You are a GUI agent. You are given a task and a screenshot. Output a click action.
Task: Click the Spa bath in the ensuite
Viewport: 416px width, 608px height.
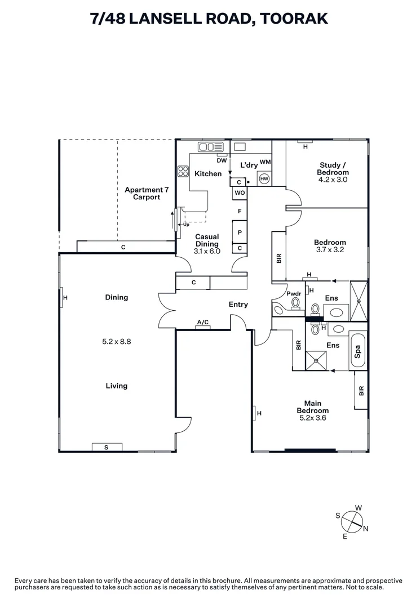(358, 351)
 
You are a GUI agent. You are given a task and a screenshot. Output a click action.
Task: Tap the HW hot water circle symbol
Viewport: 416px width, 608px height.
(264, 179)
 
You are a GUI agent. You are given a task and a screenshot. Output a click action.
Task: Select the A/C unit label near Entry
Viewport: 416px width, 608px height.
(203, 323)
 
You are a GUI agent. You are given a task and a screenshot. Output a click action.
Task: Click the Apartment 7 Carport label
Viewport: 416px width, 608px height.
(143, 194)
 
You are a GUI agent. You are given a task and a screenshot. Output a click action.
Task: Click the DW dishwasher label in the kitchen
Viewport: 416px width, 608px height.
(222, 160)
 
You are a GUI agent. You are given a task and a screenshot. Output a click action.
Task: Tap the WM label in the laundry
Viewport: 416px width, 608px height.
(265, 162)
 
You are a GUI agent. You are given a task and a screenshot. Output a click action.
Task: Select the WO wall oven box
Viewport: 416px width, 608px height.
(240, 193)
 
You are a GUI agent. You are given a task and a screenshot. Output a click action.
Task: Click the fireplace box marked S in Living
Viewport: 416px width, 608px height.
(107, 447)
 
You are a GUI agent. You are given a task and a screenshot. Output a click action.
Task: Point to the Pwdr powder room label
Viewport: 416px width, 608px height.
(294, 294)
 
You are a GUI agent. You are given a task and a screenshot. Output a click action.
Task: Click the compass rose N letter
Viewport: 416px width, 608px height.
(365, 528)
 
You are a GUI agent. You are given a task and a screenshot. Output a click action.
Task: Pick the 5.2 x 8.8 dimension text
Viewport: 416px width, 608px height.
(117, 341)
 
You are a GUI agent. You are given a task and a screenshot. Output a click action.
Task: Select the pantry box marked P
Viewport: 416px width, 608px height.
(240, 232)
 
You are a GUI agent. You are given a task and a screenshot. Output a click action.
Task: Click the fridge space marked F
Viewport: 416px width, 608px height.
(240, 211)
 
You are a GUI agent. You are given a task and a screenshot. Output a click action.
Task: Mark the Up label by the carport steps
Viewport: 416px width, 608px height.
(187, 225)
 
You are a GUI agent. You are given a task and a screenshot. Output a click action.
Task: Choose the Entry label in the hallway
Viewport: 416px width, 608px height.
(238, 305)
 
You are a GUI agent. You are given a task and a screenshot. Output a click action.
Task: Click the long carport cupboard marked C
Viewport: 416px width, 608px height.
(123, 247)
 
